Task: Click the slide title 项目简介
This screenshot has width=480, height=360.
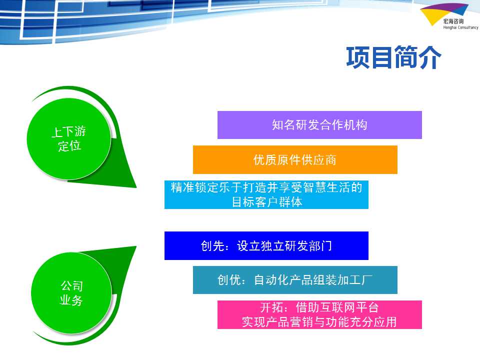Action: (x=393, y=57)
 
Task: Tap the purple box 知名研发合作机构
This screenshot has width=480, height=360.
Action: (x=319, y=125)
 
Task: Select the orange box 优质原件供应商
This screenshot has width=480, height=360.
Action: (x=295, y=160)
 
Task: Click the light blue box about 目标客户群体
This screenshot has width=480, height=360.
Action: (x=266, y=194)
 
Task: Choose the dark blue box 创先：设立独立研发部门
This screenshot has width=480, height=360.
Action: (x=266, y=246)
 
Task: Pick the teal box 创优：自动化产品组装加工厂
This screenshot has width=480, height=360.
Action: (x=295, y=280)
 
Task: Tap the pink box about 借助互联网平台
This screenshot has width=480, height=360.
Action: (x=319, y=314)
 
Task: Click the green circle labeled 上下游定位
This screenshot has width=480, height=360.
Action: (x=69, y=138)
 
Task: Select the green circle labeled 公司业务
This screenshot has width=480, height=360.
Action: (x=71, y=293)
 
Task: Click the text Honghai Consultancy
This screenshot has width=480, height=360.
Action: (x=460, y=27)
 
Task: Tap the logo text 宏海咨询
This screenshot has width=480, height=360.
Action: (x=453, y=21)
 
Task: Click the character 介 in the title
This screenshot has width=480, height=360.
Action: (x=430, y=57)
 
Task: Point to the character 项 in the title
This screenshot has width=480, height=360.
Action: (x=358, y=57)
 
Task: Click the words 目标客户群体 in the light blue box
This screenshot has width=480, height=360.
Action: (x=267, y=202)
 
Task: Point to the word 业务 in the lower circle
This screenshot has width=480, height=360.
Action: (x=71, y=300)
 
